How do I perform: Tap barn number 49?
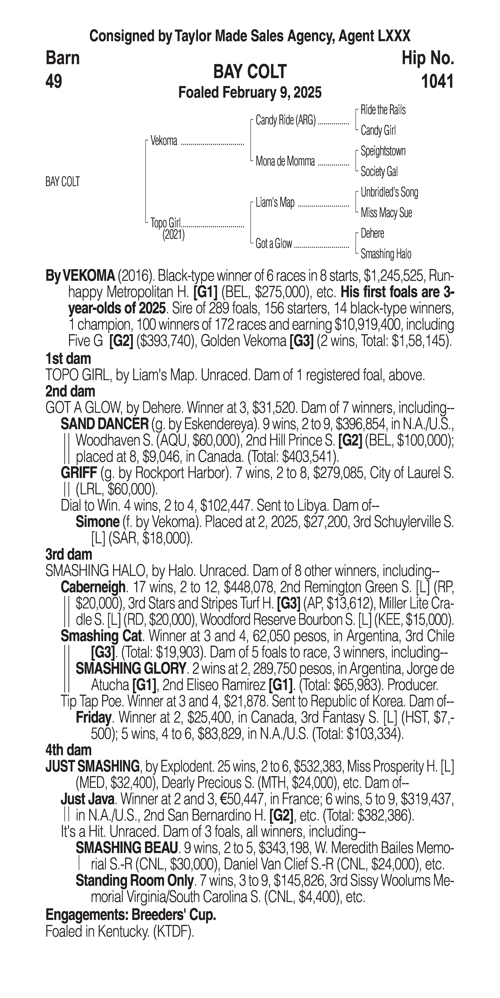54,82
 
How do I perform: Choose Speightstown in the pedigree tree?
383,151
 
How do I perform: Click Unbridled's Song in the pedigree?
389,192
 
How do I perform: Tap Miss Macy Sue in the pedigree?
386,213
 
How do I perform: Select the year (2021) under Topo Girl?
173,234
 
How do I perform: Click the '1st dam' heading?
68,359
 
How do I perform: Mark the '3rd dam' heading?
69,555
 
